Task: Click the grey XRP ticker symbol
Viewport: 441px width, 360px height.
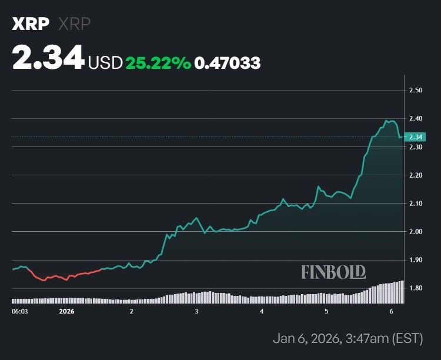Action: pyautogui.click(x=73, y=24)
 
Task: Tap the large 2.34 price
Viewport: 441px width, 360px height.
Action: pyautogui.click(x=48, y=59)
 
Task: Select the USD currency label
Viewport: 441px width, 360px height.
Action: pyautogui.click(x=105, y=63)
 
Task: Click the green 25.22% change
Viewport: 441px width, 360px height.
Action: pyautogui.click(x=158, y=63)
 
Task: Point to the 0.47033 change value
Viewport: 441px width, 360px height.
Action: pyautogui.click(x=228, y=63)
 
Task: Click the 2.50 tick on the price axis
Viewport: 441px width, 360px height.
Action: pyautogui.click(x=416, y=91)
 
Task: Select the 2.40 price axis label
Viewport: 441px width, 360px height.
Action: pyautogui.click(x=416, y=119)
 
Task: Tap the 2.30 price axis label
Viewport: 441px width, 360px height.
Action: pyautogui.click(x=416, y=147)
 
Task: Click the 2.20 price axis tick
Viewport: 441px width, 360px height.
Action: pyautogui.click(x=416, y=175)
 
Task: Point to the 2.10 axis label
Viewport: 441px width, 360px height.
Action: pyautogui.click(x=416, y=204)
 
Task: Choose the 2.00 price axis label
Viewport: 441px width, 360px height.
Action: pyautogui.click(x=416, y=232)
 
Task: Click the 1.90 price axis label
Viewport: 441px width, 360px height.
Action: pyautogui.click(x=416, y=260)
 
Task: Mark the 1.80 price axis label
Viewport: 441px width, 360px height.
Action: pyautogui.click(x=416, y=288)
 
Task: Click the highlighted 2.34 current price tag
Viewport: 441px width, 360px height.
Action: pyautogui.click(x=416, y=137)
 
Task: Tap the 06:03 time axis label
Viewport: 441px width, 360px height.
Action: pyautogui.click(x=20, y=311)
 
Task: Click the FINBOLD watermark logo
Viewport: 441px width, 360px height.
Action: pyautogui.click(x=333, y=272)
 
